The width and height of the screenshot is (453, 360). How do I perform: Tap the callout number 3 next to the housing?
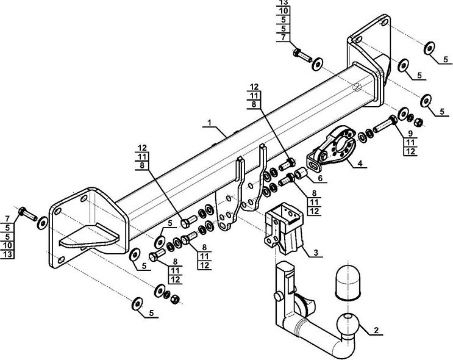click(x=315, y=251)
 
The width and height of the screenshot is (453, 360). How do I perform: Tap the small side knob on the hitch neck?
click(x=277, y=297)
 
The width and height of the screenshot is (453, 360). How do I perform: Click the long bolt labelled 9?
click(x=383, y=127)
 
